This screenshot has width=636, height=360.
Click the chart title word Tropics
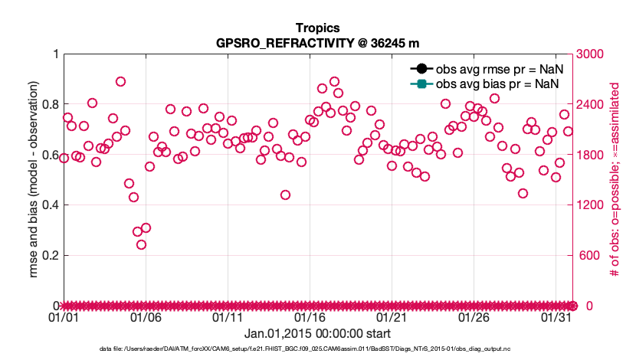pos(317,28)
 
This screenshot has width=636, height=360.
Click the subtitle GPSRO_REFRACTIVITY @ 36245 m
pos(317,43)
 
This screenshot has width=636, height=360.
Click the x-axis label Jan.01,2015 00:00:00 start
pos(317,334)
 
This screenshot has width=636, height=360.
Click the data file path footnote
pos(317,349)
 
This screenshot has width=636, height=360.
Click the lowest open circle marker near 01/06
pos(142,244)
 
